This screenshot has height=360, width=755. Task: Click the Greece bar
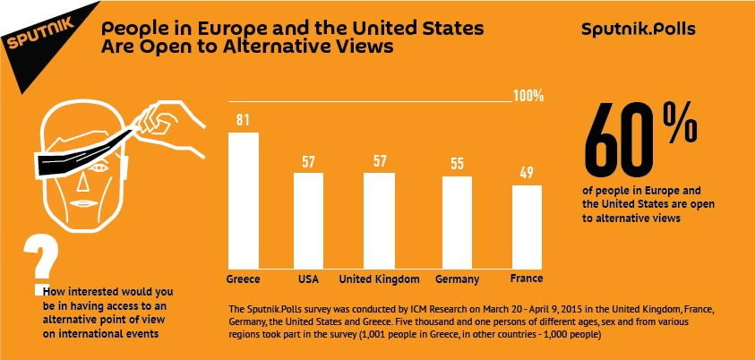(x=244, y=201)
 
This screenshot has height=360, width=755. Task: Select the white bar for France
(x=527, y=227)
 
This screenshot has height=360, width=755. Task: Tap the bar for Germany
(x=457, y=223)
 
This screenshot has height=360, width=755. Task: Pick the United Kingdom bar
(x=379, y=221)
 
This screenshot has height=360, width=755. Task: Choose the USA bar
(x=309, y=221)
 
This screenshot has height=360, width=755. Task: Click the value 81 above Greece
(x=243, y=120)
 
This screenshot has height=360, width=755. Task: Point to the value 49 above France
(x=527, y=173)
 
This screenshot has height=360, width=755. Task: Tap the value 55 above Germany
(x=457, y=164)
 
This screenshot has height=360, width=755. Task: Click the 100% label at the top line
(x=528, y=96)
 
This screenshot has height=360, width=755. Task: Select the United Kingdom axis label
(x=379, y=279)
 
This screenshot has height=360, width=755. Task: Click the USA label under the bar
(x=309, y=279)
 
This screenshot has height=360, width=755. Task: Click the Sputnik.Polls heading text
(x=638, y=30)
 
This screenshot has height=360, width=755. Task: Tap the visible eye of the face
(x=98, y=169)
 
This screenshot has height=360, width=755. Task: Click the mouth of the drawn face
(x=81, y=203)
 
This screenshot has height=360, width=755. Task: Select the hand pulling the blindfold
(x=167, y=127)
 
